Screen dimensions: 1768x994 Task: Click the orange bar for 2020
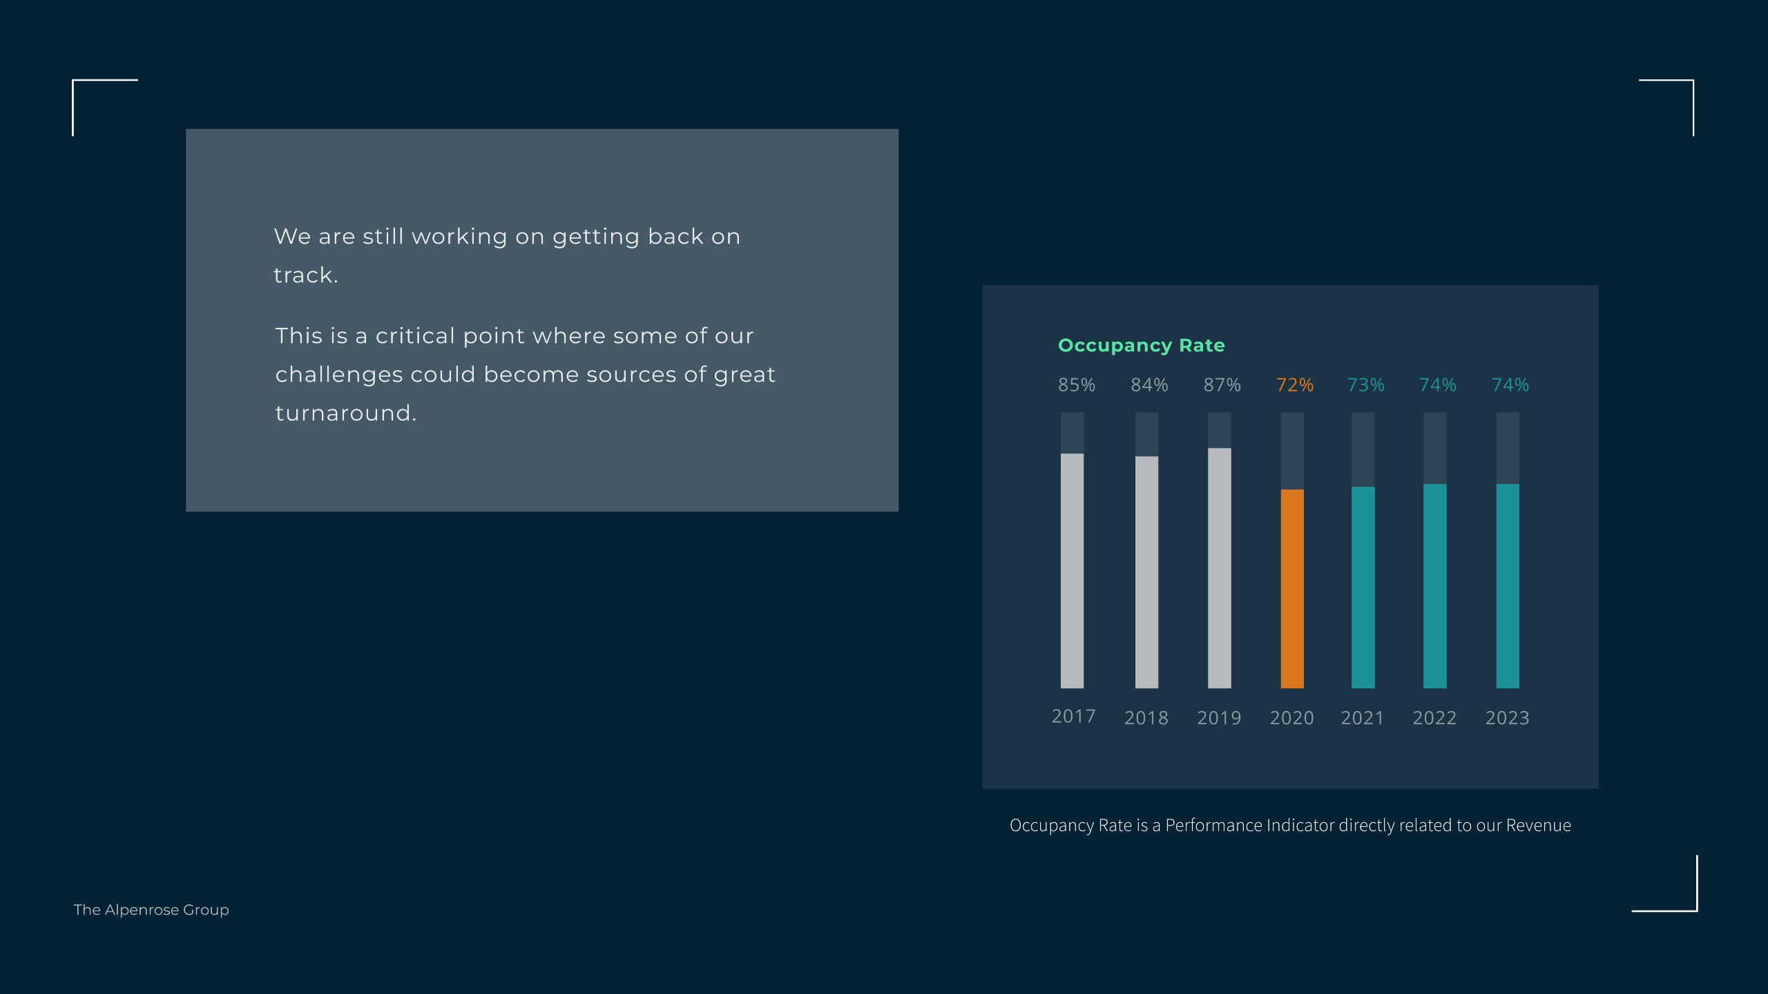point(1292,589)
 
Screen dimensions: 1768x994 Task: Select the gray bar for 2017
point(1072,571)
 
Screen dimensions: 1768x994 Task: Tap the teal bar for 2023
point(1508,586)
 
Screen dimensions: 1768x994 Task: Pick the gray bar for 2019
point(1219,568)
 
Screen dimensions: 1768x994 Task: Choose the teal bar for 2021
point(1363,587)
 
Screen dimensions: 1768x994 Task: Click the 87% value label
point(1222,385)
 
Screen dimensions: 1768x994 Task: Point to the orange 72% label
point(1294,385)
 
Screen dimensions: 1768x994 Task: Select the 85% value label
point(1077,385)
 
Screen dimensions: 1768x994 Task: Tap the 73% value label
point(1365,385)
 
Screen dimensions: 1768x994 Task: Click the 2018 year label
point(1146,718)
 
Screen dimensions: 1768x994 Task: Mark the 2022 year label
point(1434,718)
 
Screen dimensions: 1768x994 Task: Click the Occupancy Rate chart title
point(1142,346)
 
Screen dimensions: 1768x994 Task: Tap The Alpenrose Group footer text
point(151,910)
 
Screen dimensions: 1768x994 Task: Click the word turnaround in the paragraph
point(345,413)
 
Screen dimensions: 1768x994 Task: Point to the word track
point(305,275)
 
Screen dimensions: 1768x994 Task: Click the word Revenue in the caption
point(1539,826)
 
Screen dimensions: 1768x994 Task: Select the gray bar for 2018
point(1146,572)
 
